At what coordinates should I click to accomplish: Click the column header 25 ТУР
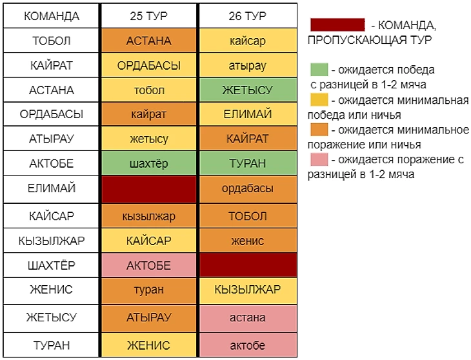coord(149,16)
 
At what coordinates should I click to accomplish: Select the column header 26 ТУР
coord(247,16)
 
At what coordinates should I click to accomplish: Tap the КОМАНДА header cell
coord(52,16)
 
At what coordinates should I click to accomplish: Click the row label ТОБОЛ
coord(52,41)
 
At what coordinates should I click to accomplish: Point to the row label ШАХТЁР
coord(52,265)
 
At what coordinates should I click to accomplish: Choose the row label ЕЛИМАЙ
coord(52,188)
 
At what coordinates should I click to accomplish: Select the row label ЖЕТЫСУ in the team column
coord(52,317)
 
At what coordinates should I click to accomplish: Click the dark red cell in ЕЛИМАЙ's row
coord(149,188)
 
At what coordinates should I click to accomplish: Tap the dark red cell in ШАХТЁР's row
coord(247,265)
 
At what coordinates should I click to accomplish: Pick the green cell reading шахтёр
coord(149,164)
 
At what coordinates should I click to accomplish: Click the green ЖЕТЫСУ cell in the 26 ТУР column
coord(247,90)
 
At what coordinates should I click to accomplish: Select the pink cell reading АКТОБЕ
coord(149,265)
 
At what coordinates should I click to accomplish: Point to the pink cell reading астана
coord(247,317)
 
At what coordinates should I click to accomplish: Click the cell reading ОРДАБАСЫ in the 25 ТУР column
coord(149,65)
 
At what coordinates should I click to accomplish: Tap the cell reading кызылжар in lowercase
coord(149,215)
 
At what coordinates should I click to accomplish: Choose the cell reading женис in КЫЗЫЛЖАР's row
coord(247,241)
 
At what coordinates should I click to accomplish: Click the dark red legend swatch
coord(337,25)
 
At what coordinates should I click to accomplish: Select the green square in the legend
coord(319,69)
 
